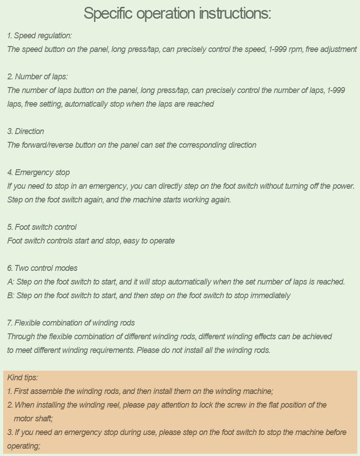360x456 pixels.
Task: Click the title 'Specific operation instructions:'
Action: pyautogui.click(x=177, y=13)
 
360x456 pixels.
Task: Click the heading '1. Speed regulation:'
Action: pyautogui.click(x=39, y=36)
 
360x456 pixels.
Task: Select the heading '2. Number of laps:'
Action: pyautogui.click(x=38, y=76)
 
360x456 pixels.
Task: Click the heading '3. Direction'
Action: pyautogui.click(x=26, y=131)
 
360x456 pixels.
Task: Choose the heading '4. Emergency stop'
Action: pyautogui.click(x=38, y=172)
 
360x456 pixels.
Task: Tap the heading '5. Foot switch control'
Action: pyautogui.click(x=42, y=227)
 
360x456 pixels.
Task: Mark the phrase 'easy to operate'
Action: pyautogui.click(x=149, y=241)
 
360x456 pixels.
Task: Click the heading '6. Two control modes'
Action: pyautogui.click(x=42, y=268)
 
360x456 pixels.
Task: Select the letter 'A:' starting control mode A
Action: pyautogui.click(x=11, y=282)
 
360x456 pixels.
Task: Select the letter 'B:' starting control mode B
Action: pyautogui.click(x=11, y=295)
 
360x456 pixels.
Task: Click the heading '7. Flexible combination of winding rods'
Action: pyautogui.click(x=71, y=323)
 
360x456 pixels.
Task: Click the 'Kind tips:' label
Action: pyautogui.click(x=23, y=378)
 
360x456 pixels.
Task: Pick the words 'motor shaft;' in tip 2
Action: pyautogui.click(x=33, y=418)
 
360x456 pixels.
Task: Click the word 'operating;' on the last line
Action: pyautogui.click(x=23, y=446)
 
